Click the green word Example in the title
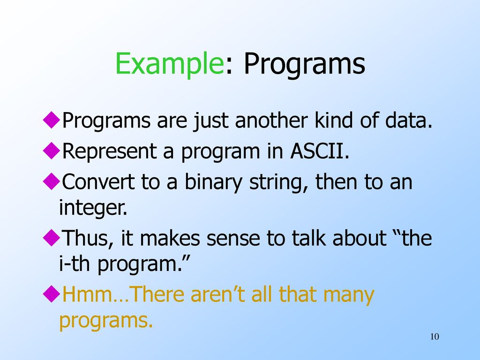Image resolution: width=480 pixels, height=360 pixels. click(x=170, y=64)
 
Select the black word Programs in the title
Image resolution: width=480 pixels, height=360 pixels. click(x=304, y=64)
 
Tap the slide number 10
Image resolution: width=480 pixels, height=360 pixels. click(x=435, y=337)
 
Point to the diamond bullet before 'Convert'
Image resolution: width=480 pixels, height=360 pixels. click(x=52, y=181)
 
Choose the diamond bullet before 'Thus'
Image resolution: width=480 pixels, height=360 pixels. click(x=52, y=238)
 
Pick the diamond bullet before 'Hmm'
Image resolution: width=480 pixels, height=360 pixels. click(x=52, y=294)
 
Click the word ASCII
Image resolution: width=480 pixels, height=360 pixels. click(x=320, y=151)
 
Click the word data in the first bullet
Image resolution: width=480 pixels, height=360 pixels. click(x=409, y=120)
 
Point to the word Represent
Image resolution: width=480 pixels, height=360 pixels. click(x=109, y=151)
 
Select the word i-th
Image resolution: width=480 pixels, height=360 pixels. click(x=75, y=263)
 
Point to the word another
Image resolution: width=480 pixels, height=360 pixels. click(x=271, y=120)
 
